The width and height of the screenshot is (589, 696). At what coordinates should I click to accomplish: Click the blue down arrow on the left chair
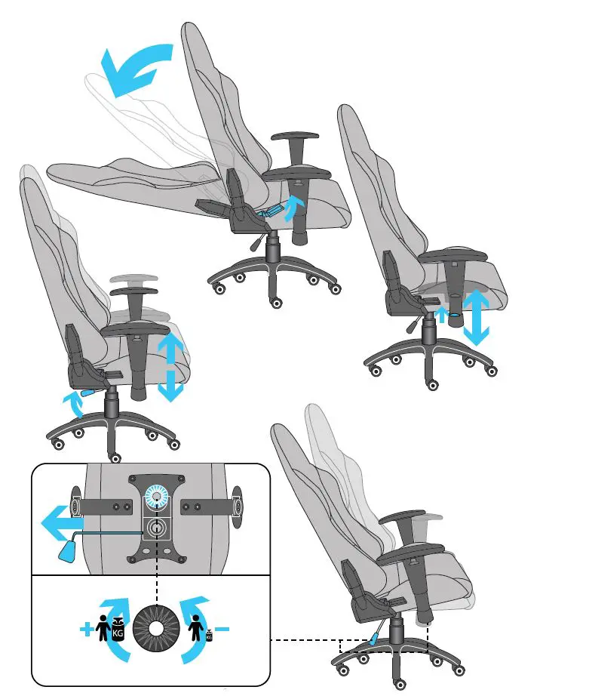pos(171,385)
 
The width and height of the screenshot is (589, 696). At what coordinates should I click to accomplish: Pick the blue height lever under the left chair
pos(89,393)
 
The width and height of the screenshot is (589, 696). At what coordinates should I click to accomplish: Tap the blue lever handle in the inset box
pos(66,553)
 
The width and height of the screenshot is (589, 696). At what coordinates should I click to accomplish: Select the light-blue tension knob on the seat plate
pos(159,494)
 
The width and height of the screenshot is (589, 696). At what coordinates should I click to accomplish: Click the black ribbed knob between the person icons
pos(155,629)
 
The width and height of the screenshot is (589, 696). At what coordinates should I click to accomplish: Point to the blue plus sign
pos(87,629)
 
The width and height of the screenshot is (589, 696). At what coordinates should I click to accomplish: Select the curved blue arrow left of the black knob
pos(117,649)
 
